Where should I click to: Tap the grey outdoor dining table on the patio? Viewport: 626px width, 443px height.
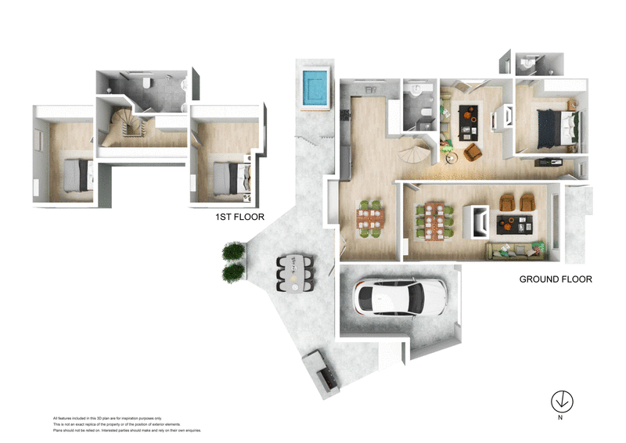click(294, 273)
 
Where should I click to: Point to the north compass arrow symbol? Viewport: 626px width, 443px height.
click(561, 400)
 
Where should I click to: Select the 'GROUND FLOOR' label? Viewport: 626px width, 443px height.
click(556, 279)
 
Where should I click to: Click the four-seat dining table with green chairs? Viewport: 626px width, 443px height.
click(370, 218)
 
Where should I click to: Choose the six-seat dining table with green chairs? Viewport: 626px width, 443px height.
click(432, 220)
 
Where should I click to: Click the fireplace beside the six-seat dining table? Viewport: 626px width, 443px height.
click(476, 221)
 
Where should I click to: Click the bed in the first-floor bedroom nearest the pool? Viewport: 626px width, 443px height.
click(224, 175)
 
